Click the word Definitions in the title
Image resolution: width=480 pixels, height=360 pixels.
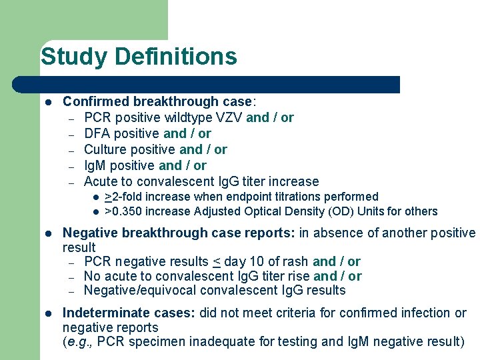click(x=175, y=57)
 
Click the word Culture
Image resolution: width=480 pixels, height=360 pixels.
click(x=106, y=149)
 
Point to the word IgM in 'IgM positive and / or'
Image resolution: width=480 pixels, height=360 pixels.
click(x=96, y=165)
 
